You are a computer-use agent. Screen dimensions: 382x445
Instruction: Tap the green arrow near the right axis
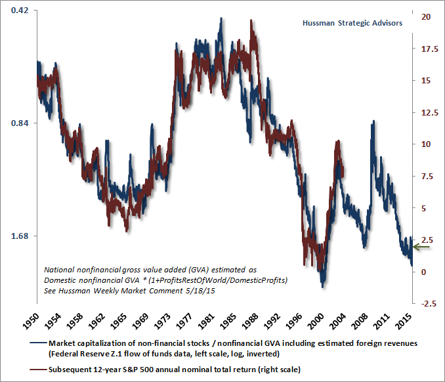click(421, 247)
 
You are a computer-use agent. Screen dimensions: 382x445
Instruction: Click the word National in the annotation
click(59, 270)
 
